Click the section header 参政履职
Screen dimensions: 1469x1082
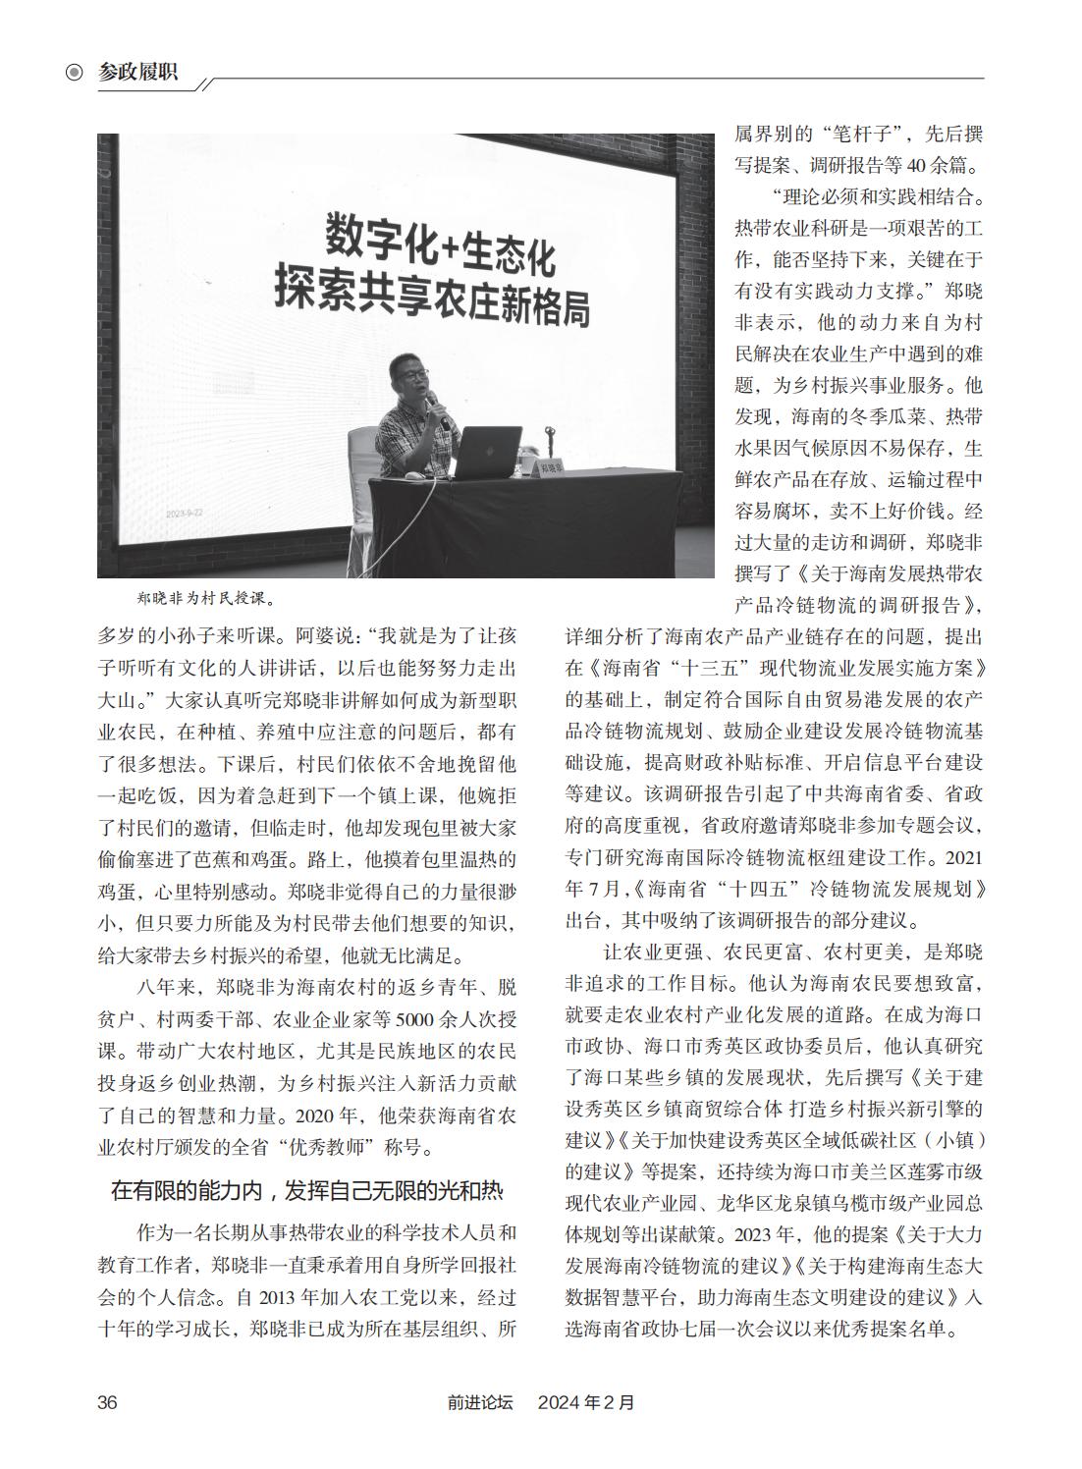(138, 72)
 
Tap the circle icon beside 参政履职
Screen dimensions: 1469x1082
(74, 73)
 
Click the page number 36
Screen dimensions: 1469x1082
(107, 1402)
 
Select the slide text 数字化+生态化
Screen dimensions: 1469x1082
(441, 245)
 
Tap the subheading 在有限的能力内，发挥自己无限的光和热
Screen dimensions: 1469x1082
(306, 1192)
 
